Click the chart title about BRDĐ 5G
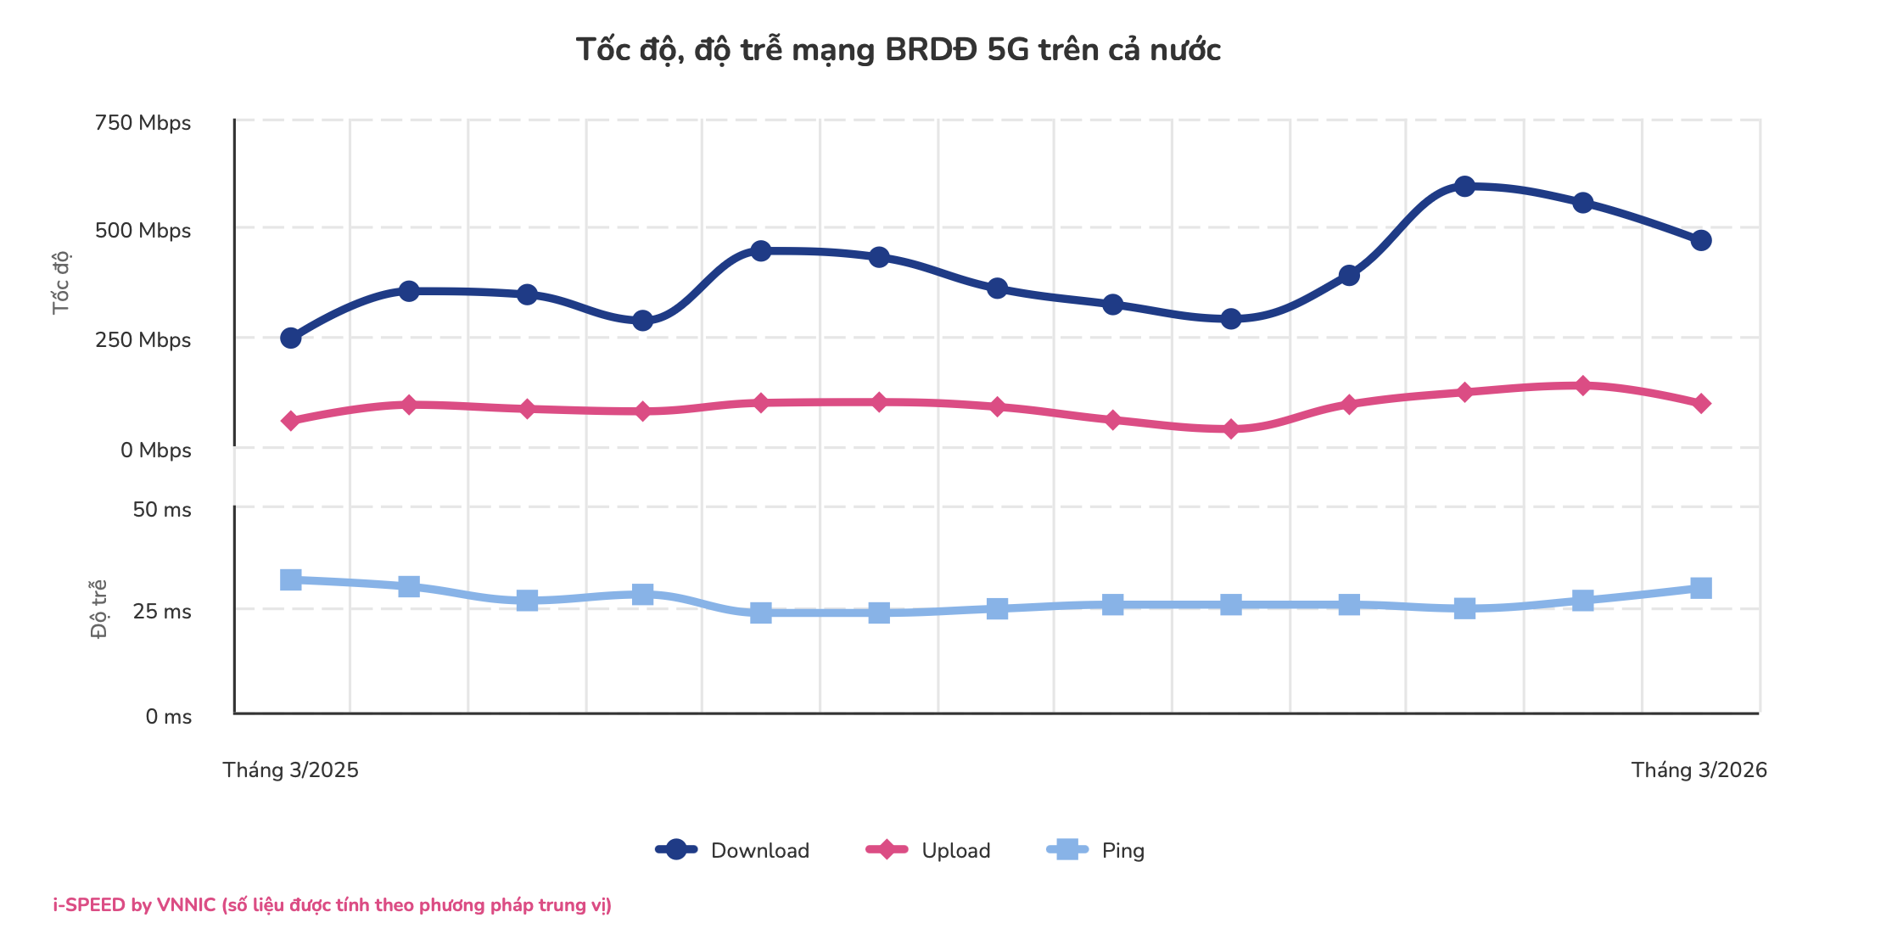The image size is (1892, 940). point(898,50)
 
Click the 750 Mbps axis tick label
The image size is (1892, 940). point(143,123)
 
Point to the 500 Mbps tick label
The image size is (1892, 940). point(143,231)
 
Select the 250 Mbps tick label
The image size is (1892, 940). point(143,340)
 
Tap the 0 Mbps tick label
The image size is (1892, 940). point(155,450)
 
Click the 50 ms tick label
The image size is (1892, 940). point(162,510)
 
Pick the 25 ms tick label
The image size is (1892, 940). point(162,612)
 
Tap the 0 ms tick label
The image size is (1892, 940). point(168,717)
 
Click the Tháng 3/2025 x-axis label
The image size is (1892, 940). point(290,770)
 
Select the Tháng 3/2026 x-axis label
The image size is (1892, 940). point(1699,770)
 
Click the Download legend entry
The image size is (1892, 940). point(734,850)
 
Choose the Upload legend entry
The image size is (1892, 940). point(929,850)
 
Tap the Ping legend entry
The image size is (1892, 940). point(1096,850)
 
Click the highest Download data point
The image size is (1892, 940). point(1464,186)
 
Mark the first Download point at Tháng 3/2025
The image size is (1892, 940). point(290,338)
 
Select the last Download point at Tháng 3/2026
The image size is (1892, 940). point(1700,240)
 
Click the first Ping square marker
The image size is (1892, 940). point(290,579)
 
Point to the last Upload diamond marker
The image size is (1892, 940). point(1700,403)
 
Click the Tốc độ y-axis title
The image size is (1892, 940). point(61,283)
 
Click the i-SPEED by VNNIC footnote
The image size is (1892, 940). point(332,905)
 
